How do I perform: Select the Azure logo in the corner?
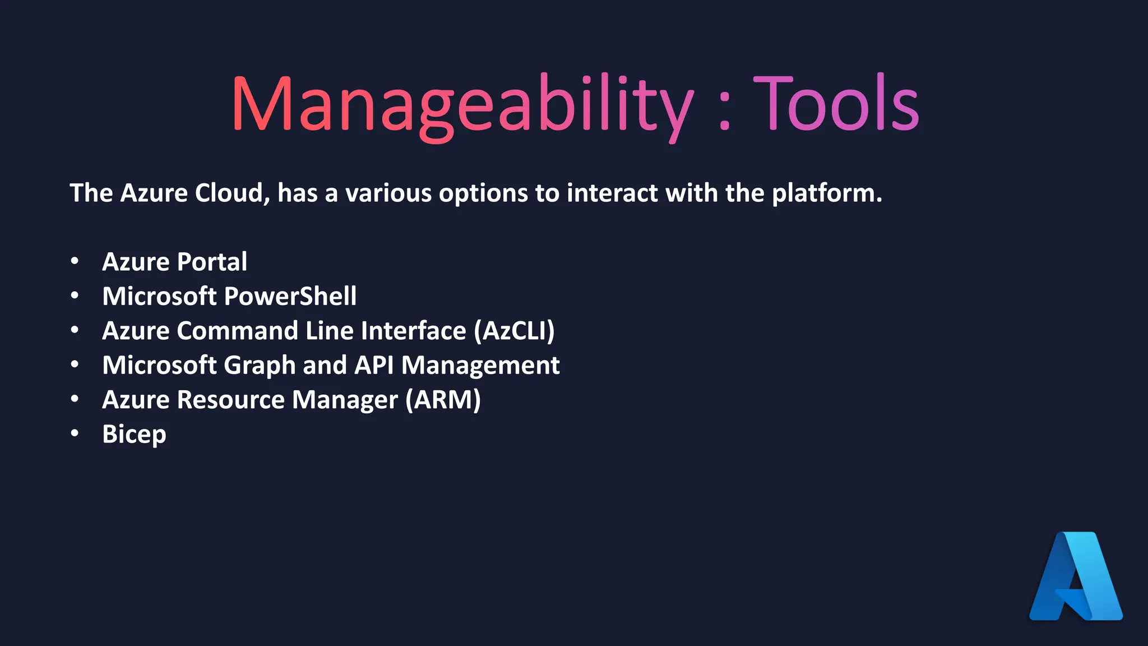1076,576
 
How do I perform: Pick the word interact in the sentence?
612,193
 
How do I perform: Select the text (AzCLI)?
514,331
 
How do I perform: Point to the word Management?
480,366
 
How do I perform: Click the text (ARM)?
443,400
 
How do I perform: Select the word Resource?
231,400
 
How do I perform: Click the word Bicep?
134,435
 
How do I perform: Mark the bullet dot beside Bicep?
75,433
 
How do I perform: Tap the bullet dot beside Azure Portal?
75,261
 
